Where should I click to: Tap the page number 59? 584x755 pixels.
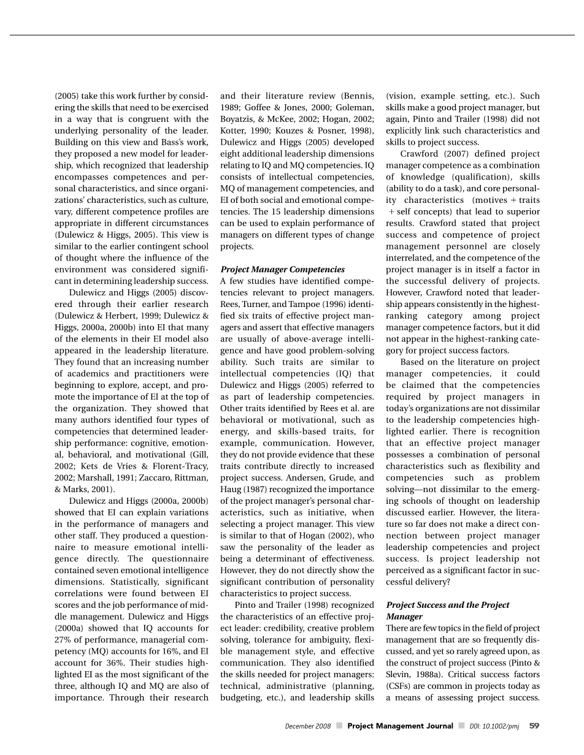click(x=534, y=726)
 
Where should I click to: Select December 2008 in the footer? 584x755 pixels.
click(x=308, y=727)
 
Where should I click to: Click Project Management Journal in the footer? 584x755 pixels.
click(x=400, y=726)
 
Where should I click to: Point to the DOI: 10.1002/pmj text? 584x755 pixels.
click(x=494, y=727)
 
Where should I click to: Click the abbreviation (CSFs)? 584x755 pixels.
click(x=398, y=686)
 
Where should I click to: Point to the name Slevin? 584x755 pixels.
click(x=400, y=674)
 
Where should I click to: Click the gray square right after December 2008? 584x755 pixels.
click(x=339, y=727)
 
